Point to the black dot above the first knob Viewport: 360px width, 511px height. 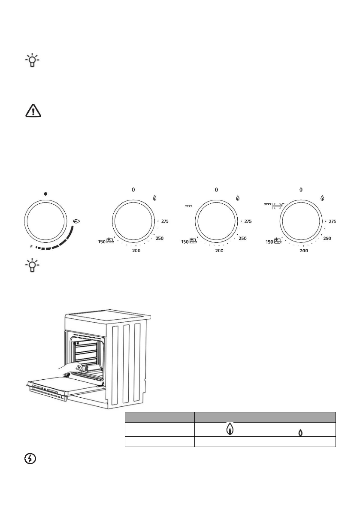pos(45,194)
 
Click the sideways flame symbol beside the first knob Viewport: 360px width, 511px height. pos(77,221)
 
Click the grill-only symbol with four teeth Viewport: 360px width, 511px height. pos(188,206)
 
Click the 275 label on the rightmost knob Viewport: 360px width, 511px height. pos(332,221)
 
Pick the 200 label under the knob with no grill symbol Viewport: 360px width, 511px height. pos(136,250)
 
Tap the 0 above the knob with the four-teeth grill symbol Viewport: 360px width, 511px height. pos(217,189)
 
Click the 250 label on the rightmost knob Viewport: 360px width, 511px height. pos(327,239)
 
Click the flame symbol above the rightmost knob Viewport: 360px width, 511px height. pos(322,198)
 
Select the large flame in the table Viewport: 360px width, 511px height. pos(230,429)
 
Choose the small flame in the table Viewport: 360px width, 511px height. pos(300,432)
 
